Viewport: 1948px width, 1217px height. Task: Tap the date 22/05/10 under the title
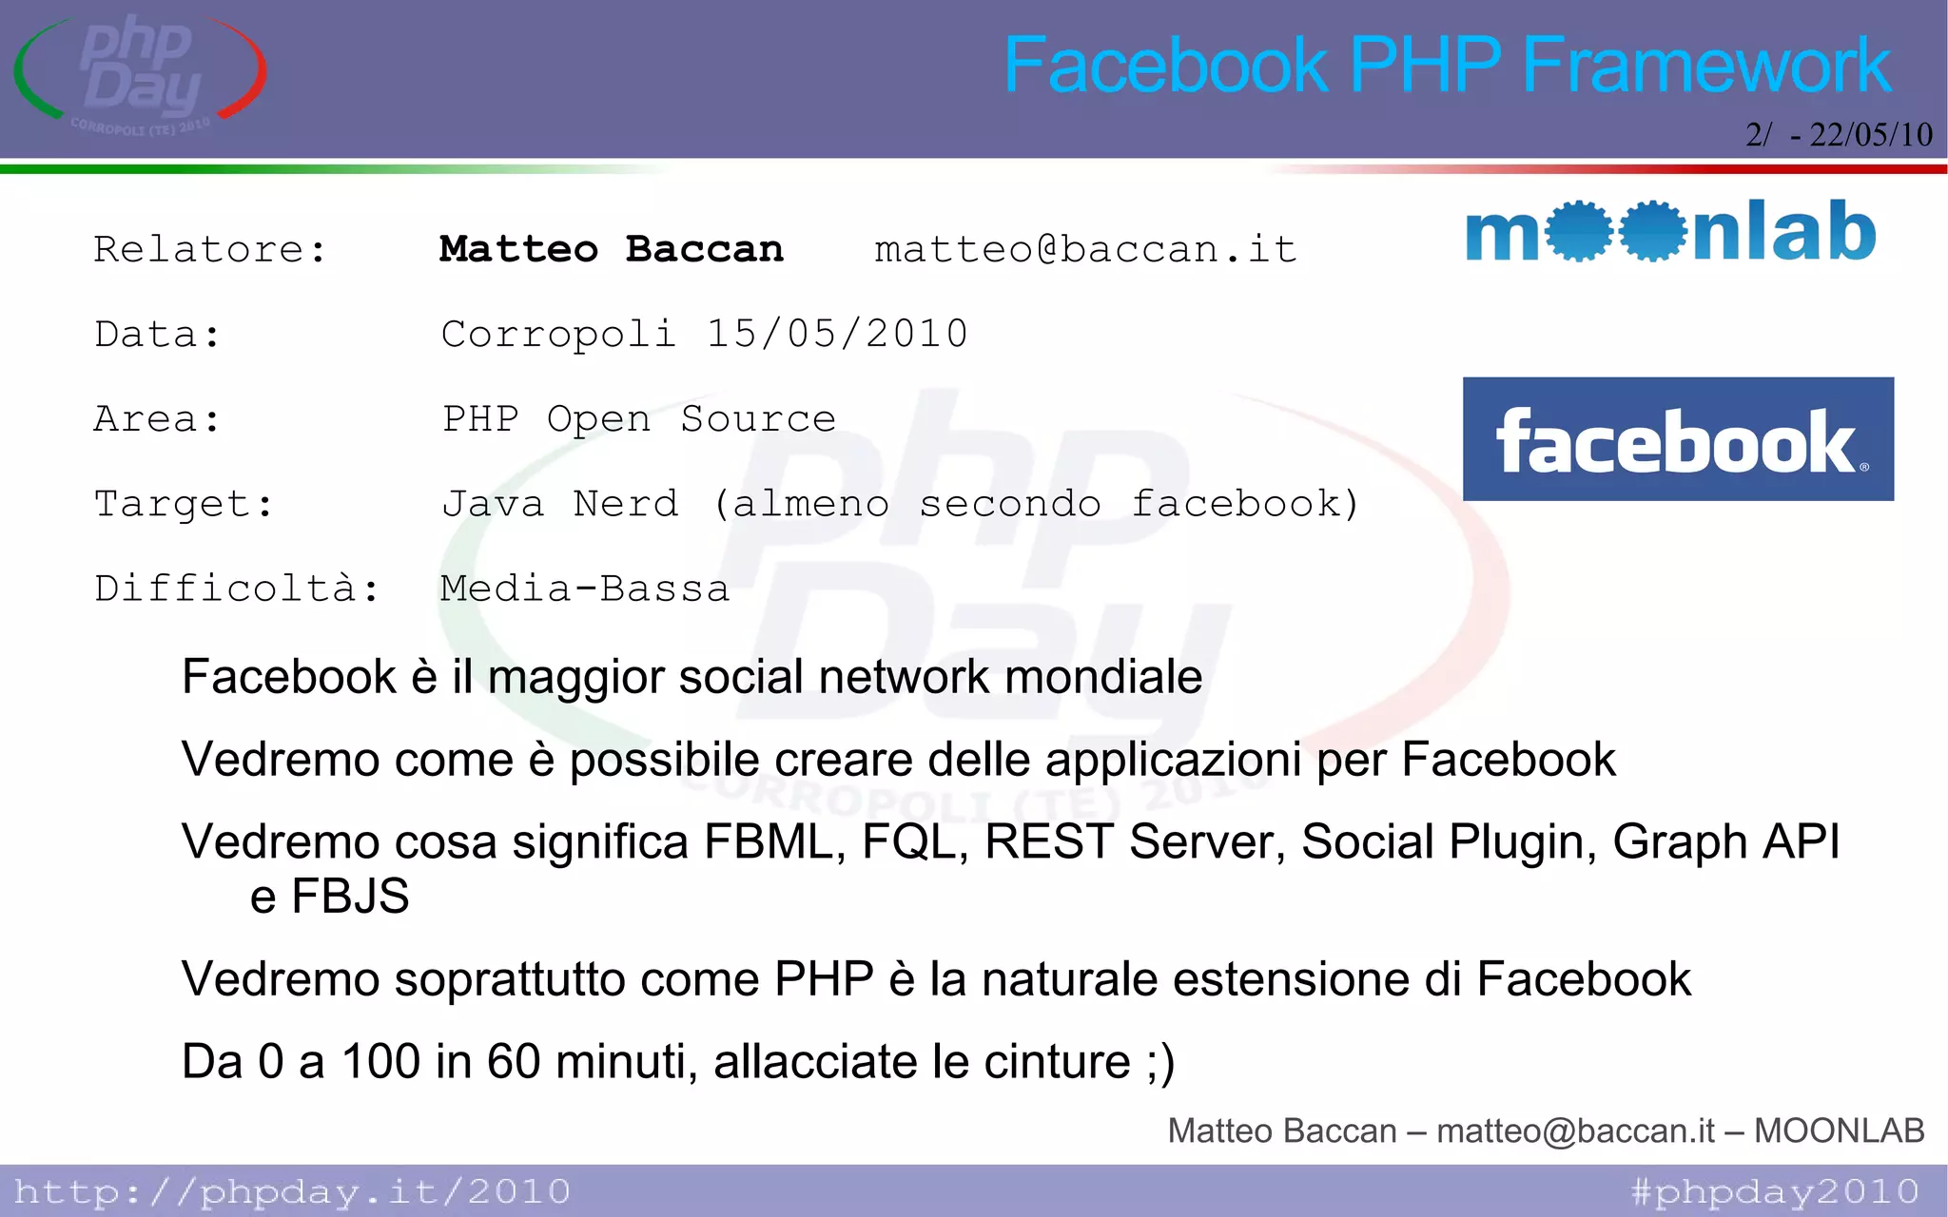click(x=1870, y=135)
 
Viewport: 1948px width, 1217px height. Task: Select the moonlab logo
click(x=1670, y=231)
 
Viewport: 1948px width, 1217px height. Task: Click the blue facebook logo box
click(x=1678, y=439)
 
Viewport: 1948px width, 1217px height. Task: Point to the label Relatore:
click(x=210, y=250)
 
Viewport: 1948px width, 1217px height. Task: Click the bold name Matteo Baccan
click(x=612, y=250)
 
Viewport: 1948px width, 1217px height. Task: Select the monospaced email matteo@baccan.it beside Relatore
click(x=1085, y=250)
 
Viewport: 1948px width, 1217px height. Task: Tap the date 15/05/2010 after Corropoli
click(x=837, y=335)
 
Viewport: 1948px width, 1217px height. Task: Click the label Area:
click(x=157, y=419)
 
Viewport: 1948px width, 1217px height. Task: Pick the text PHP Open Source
click(x=639, y=419)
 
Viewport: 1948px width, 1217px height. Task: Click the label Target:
click(x=184, y=504)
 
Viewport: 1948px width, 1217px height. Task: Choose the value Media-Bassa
click(x=585, y=589)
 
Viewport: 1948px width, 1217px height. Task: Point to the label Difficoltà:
click(x=236, y=589)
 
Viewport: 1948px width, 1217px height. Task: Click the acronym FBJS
click(x=350, y=897)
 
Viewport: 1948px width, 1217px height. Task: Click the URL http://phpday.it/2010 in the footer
click(x=292, y=1192)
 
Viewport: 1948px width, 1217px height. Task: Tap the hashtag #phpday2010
click(x=1775, y=1192)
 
